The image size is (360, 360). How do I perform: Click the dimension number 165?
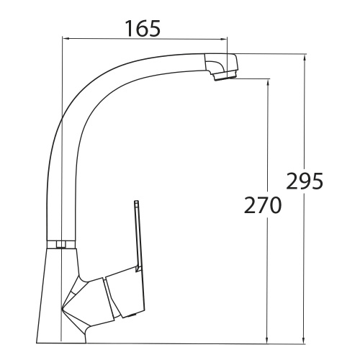coord(141,28)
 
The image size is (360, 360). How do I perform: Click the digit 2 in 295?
coord(294,181)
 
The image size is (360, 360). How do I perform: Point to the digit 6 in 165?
coord(141,28)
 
